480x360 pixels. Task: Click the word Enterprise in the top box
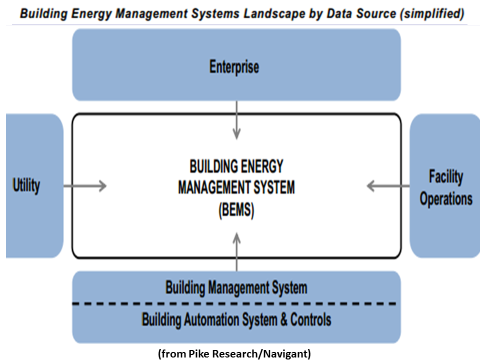coord(234,67)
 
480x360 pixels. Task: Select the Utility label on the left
coord(26,186)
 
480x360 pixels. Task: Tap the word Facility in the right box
coord(446,176)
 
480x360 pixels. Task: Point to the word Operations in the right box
coord(446,198)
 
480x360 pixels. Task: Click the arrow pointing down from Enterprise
coord(236,120)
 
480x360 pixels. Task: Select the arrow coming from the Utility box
coord(85,186)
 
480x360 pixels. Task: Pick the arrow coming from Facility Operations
coord(388,186)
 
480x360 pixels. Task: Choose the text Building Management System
coord(236,287)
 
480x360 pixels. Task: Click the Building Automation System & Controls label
coord(236,318)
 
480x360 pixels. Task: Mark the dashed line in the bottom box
coord(236,303)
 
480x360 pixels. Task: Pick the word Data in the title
coord(327,13)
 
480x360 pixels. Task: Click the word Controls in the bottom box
coord(310,318)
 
